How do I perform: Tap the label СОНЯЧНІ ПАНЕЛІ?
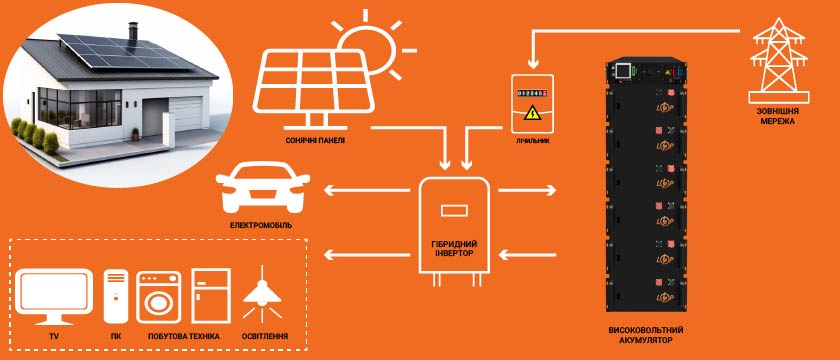(316, 140)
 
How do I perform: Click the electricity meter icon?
(531, 103)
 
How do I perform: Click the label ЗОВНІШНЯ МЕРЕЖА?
(779, 117)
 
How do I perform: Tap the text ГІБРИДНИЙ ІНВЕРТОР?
(453, 248)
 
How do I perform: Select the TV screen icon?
(54, 296)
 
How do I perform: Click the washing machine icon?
(158, 297)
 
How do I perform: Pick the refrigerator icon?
(211, 296)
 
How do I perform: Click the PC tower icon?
(116, 296)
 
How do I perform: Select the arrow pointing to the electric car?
(367, 190)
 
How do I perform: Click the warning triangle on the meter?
(531, 113)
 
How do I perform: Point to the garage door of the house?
(186, 113)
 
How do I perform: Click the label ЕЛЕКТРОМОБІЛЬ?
(261, 225)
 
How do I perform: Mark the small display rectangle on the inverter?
(454, 211)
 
